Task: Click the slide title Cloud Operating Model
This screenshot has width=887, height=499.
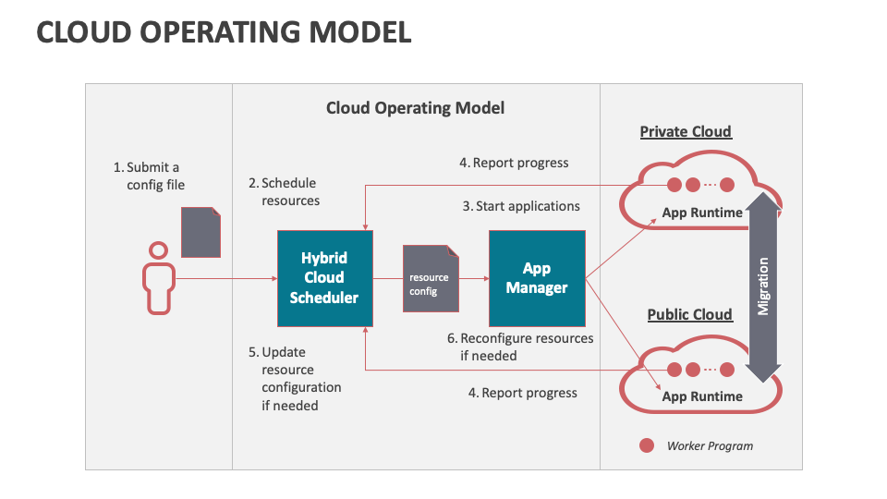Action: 224,32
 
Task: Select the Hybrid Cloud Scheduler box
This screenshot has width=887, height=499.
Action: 323,278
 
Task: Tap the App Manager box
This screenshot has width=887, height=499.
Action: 537,278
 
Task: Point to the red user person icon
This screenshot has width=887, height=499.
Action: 158,278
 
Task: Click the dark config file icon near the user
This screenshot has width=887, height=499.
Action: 200,232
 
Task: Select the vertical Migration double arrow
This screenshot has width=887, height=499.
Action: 763,287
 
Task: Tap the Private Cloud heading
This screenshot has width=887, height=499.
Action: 686,131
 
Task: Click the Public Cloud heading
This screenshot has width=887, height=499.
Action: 689,314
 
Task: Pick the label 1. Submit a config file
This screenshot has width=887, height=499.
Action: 148,176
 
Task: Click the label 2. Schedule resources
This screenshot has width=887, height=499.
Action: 284,191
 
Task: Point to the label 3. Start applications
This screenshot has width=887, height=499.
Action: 521,206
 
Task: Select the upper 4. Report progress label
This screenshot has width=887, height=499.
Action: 514,163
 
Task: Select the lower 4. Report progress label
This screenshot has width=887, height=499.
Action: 522,393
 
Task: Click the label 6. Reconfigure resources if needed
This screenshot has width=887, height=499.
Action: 519,347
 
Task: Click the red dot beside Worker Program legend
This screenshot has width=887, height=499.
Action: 647,445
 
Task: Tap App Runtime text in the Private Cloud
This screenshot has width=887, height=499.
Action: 702,213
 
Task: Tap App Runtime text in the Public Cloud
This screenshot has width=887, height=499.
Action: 702,396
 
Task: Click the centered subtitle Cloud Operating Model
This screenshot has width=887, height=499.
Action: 415,108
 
